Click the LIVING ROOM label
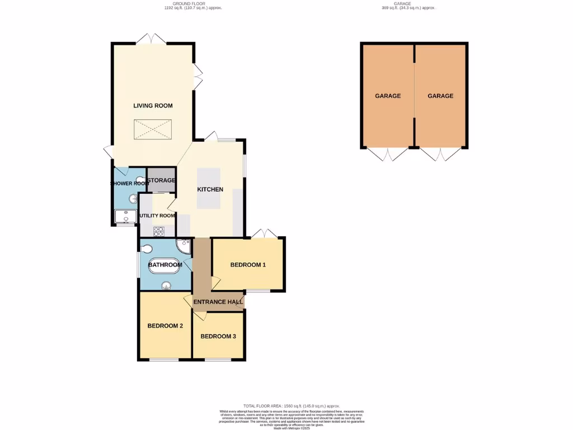[153, 105]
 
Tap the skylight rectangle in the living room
[153, 130]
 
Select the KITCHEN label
[210, 189]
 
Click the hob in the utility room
[158, 231]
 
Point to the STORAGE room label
[162, 180]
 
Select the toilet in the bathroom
[147, 249]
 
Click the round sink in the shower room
[133, 198]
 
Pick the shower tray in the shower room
[125, 217]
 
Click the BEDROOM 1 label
[248, 265]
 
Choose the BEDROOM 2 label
[165, 326]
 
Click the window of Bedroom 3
[218, 359]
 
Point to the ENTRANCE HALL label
[218, 302]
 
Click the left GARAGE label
[388, 96]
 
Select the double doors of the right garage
[441, 153]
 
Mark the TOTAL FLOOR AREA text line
[291, 406]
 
